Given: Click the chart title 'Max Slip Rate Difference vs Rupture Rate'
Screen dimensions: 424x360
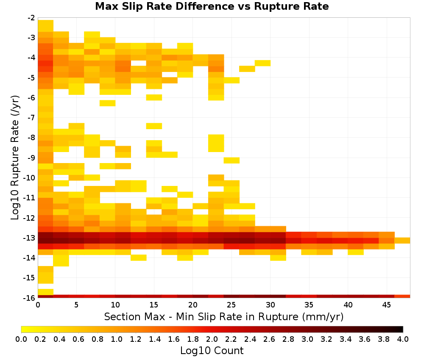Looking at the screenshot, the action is coord(212,6).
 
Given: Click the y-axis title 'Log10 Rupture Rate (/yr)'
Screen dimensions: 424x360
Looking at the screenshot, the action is coord(15,158).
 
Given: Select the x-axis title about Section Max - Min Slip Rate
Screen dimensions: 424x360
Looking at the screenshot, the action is coord(223,316).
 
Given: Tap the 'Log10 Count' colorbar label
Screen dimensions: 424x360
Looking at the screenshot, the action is coord(212,351).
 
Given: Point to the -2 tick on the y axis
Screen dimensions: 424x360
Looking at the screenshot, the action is coord(31,18).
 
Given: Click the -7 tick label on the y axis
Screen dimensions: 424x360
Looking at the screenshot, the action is coord(31,118).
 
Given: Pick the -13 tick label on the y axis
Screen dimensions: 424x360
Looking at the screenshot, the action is coord(30,238).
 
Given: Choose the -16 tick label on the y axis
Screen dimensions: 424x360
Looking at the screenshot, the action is coord(30,298).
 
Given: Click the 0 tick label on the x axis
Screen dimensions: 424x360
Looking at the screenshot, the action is coord(38,305).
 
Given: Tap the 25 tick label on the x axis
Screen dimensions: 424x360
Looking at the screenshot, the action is coord(232,305).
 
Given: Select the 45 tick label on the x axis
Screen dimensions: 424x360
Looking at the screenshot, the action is coord(387,305).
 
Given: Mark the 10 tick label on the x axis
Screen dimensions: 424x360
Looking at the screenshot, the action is coord(115,305).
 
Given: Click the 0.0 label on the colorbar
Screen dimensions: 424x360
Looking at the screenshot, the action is coord(21,339).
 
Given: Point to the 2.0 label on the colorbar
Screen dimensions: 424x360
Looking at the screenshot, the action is coord(212,339).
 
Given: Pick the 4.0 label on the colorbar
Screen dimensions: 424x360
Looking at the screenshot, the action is coord(403,339).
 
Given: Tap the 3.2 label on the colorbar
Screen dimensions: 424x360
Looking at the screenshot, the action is coord(326,339).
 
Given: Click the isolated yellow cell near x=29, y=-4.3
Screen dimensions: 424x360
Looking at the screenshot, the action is coord(262,63).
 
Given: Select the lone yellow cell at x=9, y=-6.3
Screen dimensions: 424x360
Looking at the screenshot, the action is coord(108,103).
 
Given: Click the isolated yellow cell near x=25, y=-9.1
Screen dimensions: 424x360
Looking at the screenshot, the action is coord(232,160).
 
